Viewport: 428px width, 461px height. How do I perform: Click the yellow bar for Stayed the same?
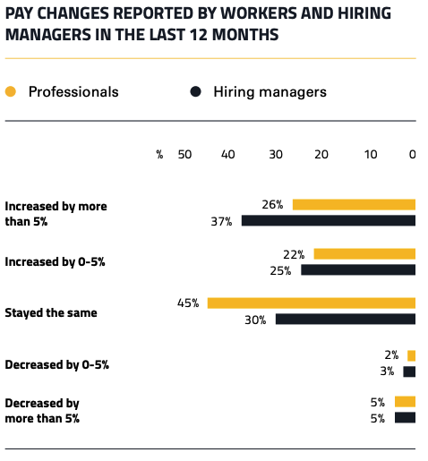[312, 303]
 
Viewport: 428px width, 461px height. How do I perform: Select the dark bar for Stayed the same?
[346, 319]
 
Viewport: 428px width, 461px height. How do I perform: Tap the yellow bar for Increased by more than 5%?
[354, 204]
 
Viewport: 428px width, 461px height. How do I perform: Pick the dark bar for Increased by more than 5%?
[329, 220]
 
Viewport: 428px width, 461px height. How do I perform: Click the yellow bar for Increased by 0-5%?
[364, 253]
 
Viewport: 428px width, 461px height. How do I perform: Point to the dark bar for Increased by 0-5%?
[358, 269]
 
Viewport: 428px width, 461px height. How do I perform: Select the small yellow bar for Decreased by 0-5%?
[411, 355]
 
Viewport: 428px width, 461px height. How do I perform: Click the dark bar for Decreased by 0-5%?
[409, 371]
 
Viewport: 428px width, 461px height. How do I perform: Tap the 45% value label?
[187, 303]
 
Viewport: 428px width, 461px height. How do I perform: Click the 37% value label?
[221, 221]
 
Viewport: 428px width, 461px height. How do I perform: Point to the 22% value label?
[294, 254]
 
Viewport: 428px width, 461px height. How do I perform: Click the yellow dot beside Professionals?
[11, 91]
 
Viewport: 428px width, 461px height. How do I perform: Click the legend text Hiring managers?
[270, 91]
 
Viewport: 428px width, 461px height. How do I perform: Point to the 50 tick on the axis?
[184, 154]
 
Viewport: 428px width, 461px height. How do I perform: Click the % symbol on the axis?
[159, 154]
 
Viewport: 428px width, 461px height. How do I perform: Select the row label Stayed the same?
[51, 313]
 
